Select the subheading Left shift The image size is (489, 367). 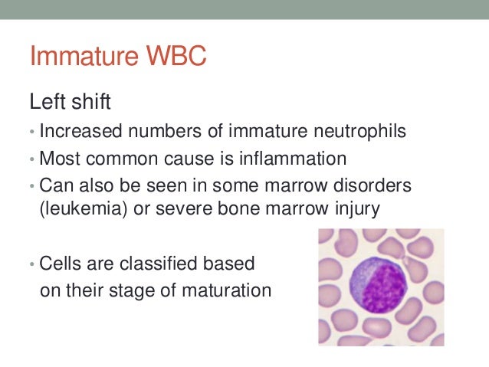tap(69, 101)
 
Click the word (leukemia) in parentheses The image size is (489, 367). tap(80, 209)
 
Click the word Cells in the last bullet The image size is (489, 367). tap(61, 264)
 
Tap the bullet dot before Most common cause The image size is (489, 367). tap(32, 160)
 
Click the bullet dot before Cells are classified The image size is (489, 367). tap(32, 264)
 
